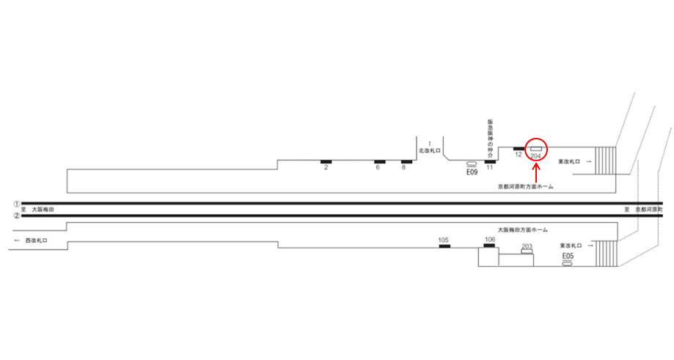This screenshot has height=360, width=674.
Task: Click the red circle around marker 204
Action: pyautogui.click(x=537, y=149)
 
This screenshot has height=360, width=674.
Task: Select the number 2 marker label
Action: pyautogui.click(x=325, y=168)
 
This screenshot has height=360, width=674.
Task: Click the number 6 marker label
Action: pyautogui.click(x=378, y=168)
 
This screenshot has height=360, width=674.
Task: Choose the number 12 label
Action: pyautogui.click(x=518, y=155)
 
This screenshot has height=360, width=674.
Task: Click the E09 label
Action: pyautogui.click(x=472, y=173)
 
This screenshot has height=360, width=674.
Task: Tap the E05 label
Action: pyautogui.click(x=567, y=256)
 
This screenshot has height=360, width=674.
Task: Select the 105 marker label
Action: pyautogui.click(x=444, y=240)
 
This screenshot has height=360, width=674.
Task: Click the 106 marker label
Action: pyautogui.click(x=490, y=240)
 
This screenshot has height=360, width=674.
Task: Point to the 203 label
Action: pyautogui.click(x=526, y=246)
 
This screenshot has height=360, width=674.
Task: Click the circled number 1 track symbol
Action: pyautogui.click(x=16, y=203)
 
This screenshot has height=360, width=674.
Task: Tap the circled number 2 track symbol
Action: pyautogui.click(x=16, y=216)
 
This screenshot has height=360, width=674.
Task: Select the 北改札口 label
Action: pyautogui.click(x=428, y=150)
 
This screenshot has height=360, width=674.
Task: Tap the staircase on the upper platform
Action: pyautogui.click(x=606, y=159)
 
